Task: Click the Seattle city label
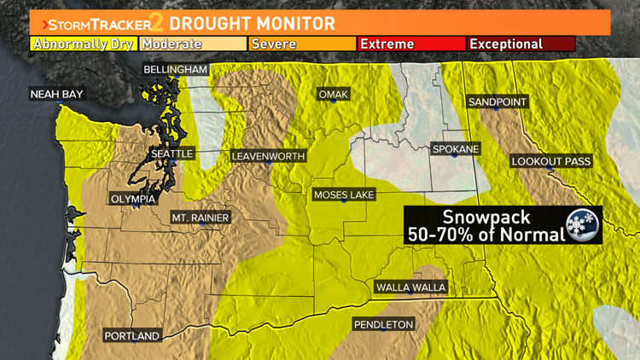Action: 172,154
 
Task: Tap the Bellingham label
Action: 176,68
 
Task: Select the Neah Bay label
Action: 56,94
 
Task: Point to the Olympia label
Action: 133,199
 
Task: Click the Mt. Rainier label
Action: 201,218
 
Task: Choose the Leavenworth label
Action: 268,157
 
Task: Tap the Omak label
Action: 333,94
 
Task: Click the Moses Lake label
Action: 344,195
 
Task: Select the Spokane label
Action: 456,148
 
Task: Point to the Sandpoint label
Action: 497,102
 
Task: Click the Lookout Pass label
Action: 550,161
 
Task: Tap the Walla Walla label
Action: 410,287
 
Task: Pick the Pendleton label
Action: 384,324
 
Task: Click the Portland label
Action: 132,336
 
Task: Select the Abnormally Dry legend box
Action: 84,44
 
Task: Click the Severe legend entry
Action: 302,44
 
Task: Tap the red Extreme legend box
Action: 411,44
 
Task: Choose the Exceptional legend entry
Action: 521,44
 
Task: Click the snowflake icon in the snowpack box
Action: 585,224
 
